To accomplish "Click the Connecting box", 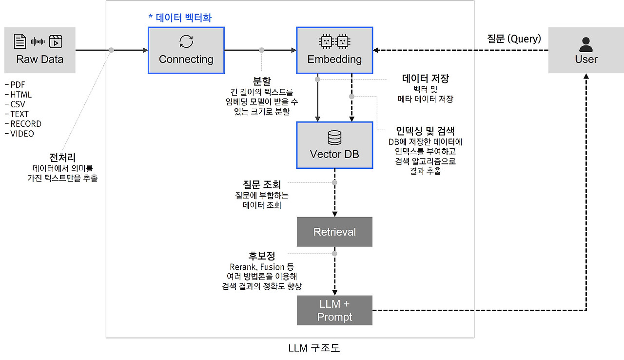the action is pyautogui.click(x=186, y=50).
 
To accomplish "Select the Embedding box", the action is pyautogui.click(x=334, y=50).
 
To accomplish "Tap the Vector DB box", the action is pyautogui.click(x=334, y=145).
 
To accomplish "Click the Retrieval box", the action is pyautogui.click(x=334, y=232).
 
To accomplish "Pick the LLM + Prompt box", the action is pyautogui.click(x=334, y=310).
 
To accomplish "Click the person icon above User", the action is pyautogui.click(x=586, y=44).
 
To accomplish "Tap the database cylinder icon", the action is pyautogui.click(x=334, y=138).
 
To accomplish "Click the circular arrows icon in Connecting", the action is pyautogui.click(x=186, y=41).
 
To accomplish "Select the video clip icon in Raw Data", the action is pyautogui.click(x=56, y=41).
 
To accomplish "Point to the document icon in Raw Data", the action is pyautogui.click(x=20, y=41).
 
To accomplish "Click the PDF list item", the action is pyautogui.click(x=15, y=85).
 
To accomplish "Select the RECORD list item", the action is pyautogui.click(x=23, y=124).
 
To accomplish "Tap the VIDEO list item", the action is pyautogui.click(x=19, y=134).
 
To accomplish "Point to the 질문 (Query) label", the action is pyautogui.click(x=514, y=39).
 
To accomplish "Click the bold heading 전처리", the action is pyautogui.click(x=62, y=158).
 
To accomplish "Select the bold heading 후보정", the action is pyautogui.click(x=262, y=256).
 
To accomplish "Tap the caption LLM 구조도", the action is pyautogui.click(x=314, y=348).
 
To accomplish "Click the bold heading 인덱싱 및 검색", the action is pyautogui.click(x=425, y=131).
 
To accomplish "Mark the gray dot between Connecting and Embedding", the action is pyautogui.click(x=262, y=50).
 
